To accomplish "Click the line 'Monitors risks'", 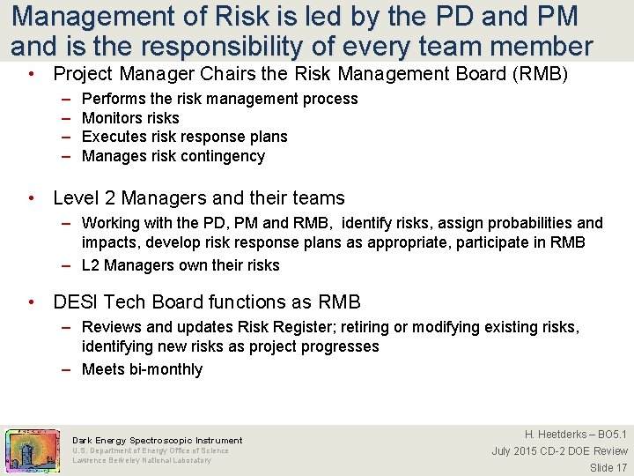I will pyautogui.click(x=130, y=118).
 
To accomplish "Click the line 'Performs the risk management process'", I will pyautogui.click(x=219, y=99).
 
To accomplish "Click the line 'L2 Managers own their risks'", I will pyautogui.click(x=181, y=265).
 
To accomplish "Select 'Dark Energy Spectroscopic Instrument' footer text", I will pyautogui.click(x=157, y=440).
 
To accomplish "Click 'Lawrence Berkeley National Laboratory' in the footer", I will pyautogui.click(x=142, y=460).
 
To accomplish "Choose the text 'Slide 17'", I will pyautogui.click(x=608, y=467).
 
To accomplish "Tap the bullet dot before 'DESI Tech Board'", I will pyautogui.click(x=33, y=302).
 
